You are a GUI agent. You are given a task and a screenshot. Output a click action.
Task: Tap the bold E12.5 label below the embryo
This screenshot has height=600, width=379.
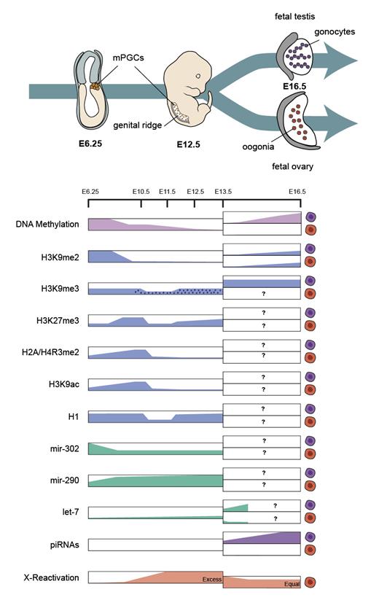coord(188,144)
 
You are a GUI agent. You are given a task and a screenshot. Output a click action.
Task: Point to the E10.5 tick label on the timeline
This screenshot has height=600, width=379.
coord(141,191)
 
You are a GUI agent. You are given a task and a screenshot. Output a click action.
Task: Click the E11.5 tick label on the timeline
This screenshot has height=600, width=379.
coord(168,191)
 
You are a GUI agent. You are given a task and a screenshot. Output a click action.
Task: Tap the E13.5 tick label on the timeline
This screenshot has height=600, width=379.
coord(223,191)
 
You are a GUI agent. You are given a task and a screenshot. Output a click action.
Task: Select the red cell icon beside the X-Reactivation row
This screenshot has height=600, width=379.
coord(311,582)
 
